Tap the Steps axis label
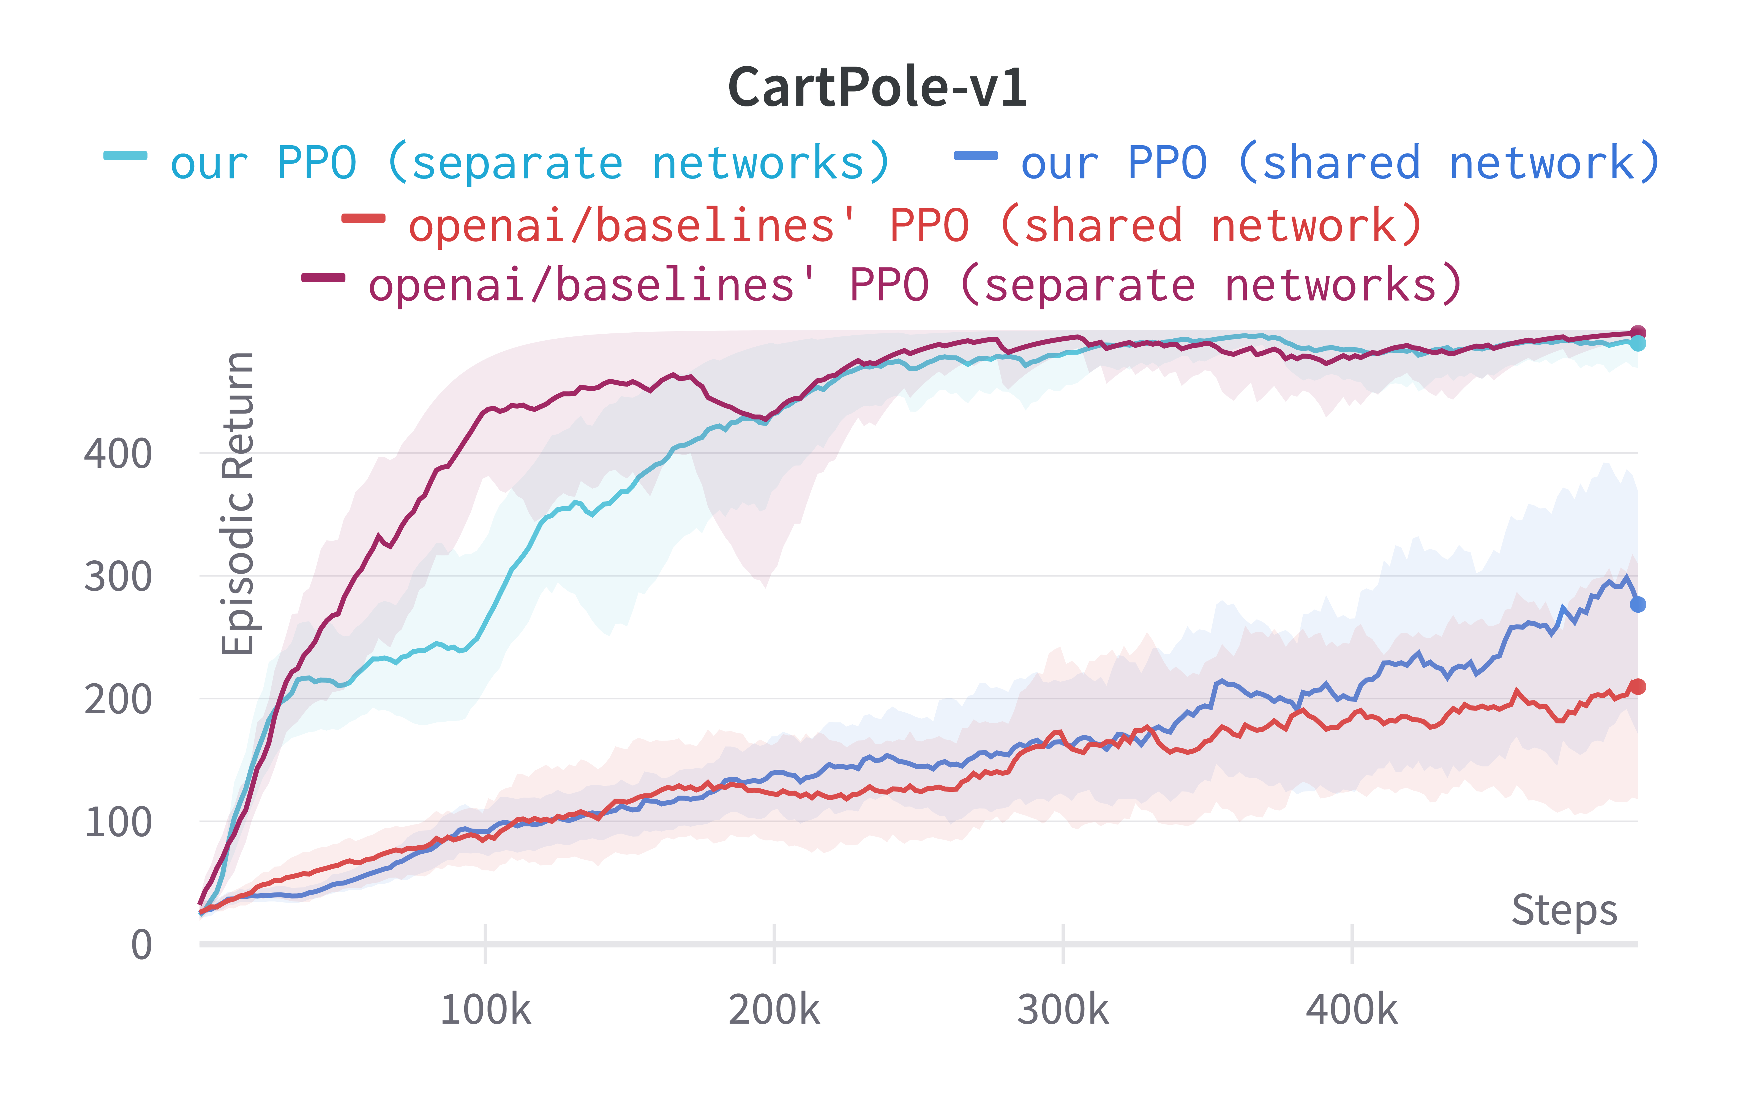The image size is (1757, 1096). point(1564,910)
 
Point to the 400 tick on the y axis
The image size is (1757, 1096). point(118,454)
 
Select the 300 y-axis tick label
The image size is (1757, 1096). point(118,578)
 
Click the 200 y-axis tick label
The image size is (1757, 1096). point(118,700)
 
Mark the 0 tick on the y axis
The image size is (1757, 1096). point(141,945)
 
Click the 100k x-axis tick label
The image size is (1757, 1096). point(485,1009)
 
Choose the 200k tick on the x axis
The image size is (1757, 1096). point(774,1009)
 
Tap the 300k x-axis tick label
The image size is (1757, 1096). point(1062,1009)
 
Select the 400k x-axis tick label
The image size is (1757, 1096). point(1352,1009)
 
